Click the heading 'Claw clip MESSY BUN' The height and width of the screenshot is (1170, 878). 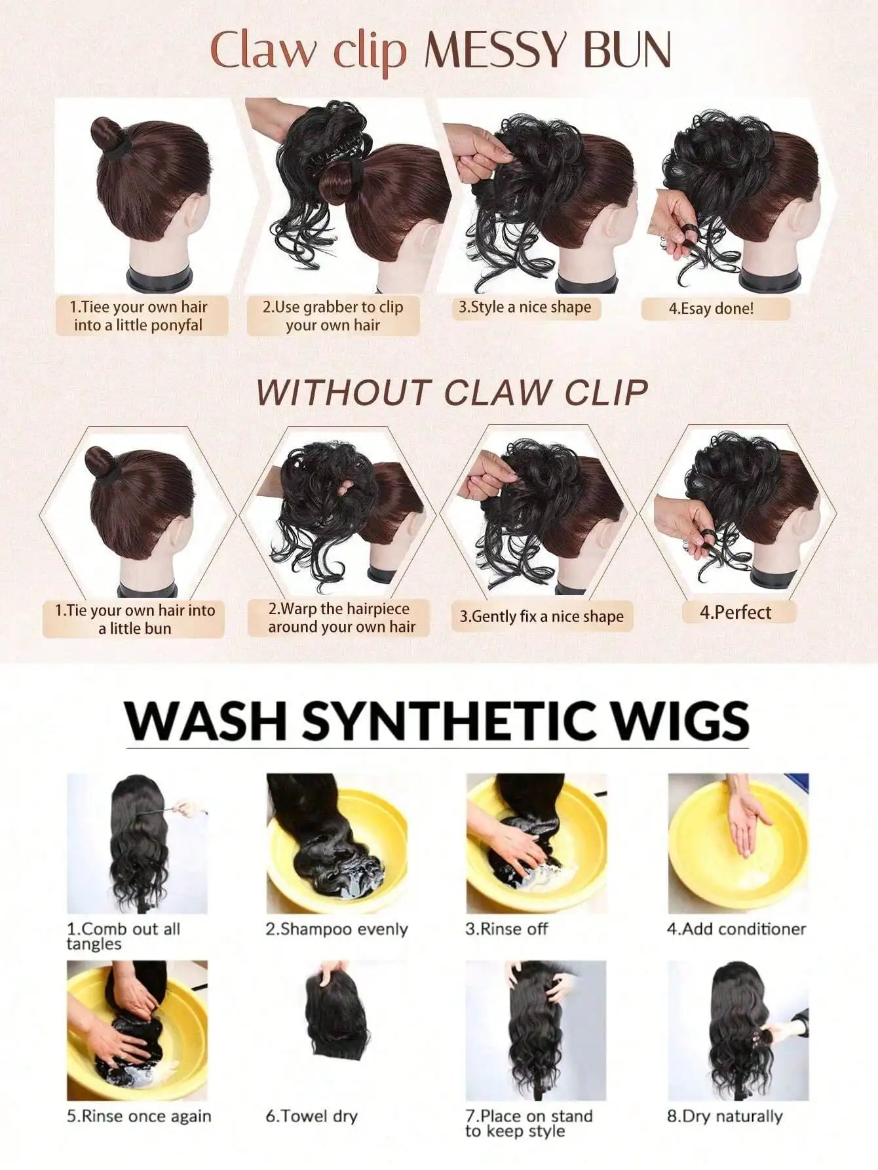pos(440,50)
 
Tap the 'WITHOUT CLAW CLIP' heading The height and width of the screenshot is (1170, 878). pos(451,392)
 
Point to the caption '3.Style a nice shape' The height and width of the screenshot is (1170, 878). pos(524,307)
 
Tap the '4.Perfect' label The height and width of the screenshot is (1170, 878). pos(735,612)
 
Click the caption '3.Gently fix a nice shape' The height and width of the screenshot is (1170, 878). pos(541,616)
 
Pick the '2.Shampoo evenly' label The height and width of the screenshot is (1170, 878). pos(337,929)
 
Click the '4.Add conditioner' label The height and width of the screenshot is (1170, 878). pos(736,929)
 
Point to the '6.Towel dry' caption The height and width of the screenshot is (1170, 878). pos(312,1116)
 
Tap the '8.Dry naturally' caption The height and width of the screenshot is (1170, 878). pos(725,1116)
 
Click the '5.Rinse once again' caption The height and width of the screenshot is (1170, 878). pos(139,1116)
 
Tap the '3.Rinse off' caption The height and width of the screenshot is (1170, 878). pos(506,929)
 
